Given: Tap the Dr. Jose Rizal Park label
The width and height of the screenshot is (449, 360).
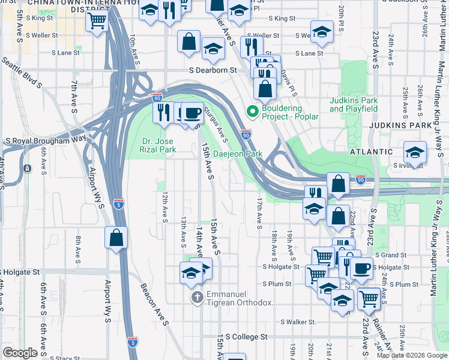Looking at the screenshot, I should pyautogui.click(x=158, y=146).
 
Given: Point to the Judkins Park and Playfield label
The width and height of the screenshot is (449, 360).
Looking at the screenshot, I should pyautogui.click(x=354, y=104).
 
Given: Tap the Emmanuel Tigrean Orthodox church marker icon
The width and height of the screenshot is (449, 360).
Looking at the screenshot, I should pyautogui.click(x=197, y=297).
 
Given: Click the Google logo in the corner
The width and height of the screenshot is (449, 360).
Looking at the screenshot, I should pyautogui.click(x=20, y=353).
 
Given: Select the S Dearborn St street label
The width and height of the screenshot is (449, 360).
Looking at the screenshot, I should pyautogui.click(x=214, y=70).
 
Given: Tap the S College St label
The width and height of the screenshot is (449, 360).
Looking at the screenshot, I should pyautogui.click(x=246, y=337).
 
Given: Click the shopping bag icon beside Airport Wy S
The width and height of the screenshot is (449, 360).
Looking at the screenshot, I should pyautogui.click(x=116, y=238).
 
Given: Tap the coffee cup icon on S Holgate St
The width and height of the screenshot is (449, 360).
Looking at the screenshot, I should pyautogui.click(x=362, y=268).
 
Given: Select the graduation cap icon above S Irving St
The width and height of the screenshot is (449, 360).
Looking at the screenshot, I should pyautogui.click(x=415, y=152).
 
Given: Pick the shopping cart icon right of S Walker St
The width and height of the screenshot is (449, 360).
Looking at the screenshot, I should pyautogui.click(x=369, y=298).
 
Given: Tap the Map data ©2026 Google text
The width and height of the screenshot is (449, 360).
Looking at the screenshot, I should pyautogui.click(x=412, y=355).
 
